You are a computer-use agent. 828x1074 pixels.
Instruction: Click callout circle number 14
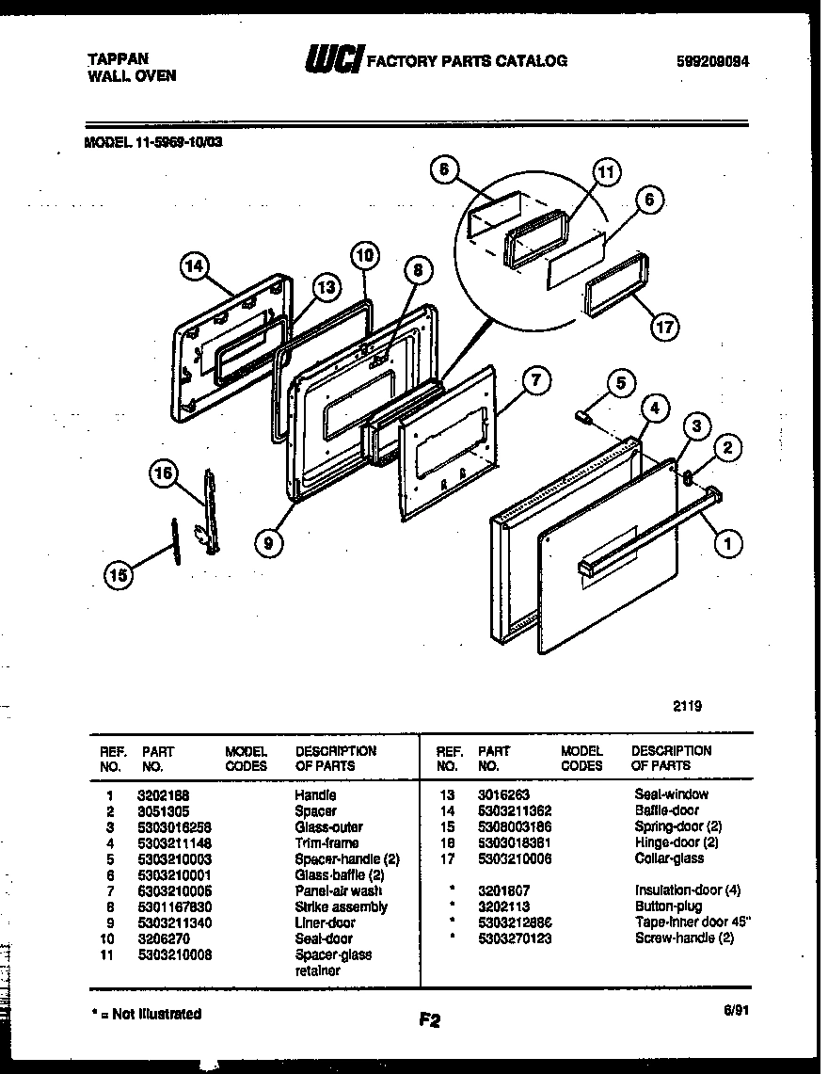coord(194,267)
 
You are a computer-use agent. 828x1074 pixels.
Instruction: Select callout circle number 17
coord(664,326)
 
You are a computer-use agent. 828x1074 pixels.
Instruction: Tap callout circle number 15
coord(118,576)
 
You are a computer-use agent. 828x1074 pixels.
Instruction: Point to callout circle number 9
coord(270,541)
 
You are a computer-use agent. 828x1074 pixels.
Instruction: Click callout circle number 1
coord(726,541)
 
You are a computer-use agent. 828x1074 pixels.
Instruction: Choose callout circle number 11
coord(607,172)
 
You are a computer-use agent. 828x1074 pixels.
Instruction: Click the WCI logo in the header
coord(332,60)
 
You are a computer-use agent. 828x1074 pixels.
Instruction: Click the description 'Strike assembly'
coord(341,907)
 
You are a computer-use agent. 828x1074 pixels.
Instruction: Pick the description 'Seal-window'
coord(671,795)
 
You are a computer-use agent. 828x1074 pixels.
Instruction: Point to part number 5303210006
coord(514,859)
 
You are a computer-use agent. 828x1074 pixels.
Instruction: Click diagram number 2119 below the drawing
coord(686,705)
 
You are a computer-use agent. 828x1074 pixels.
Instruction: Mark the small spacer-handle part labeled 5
coord(582,415)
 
